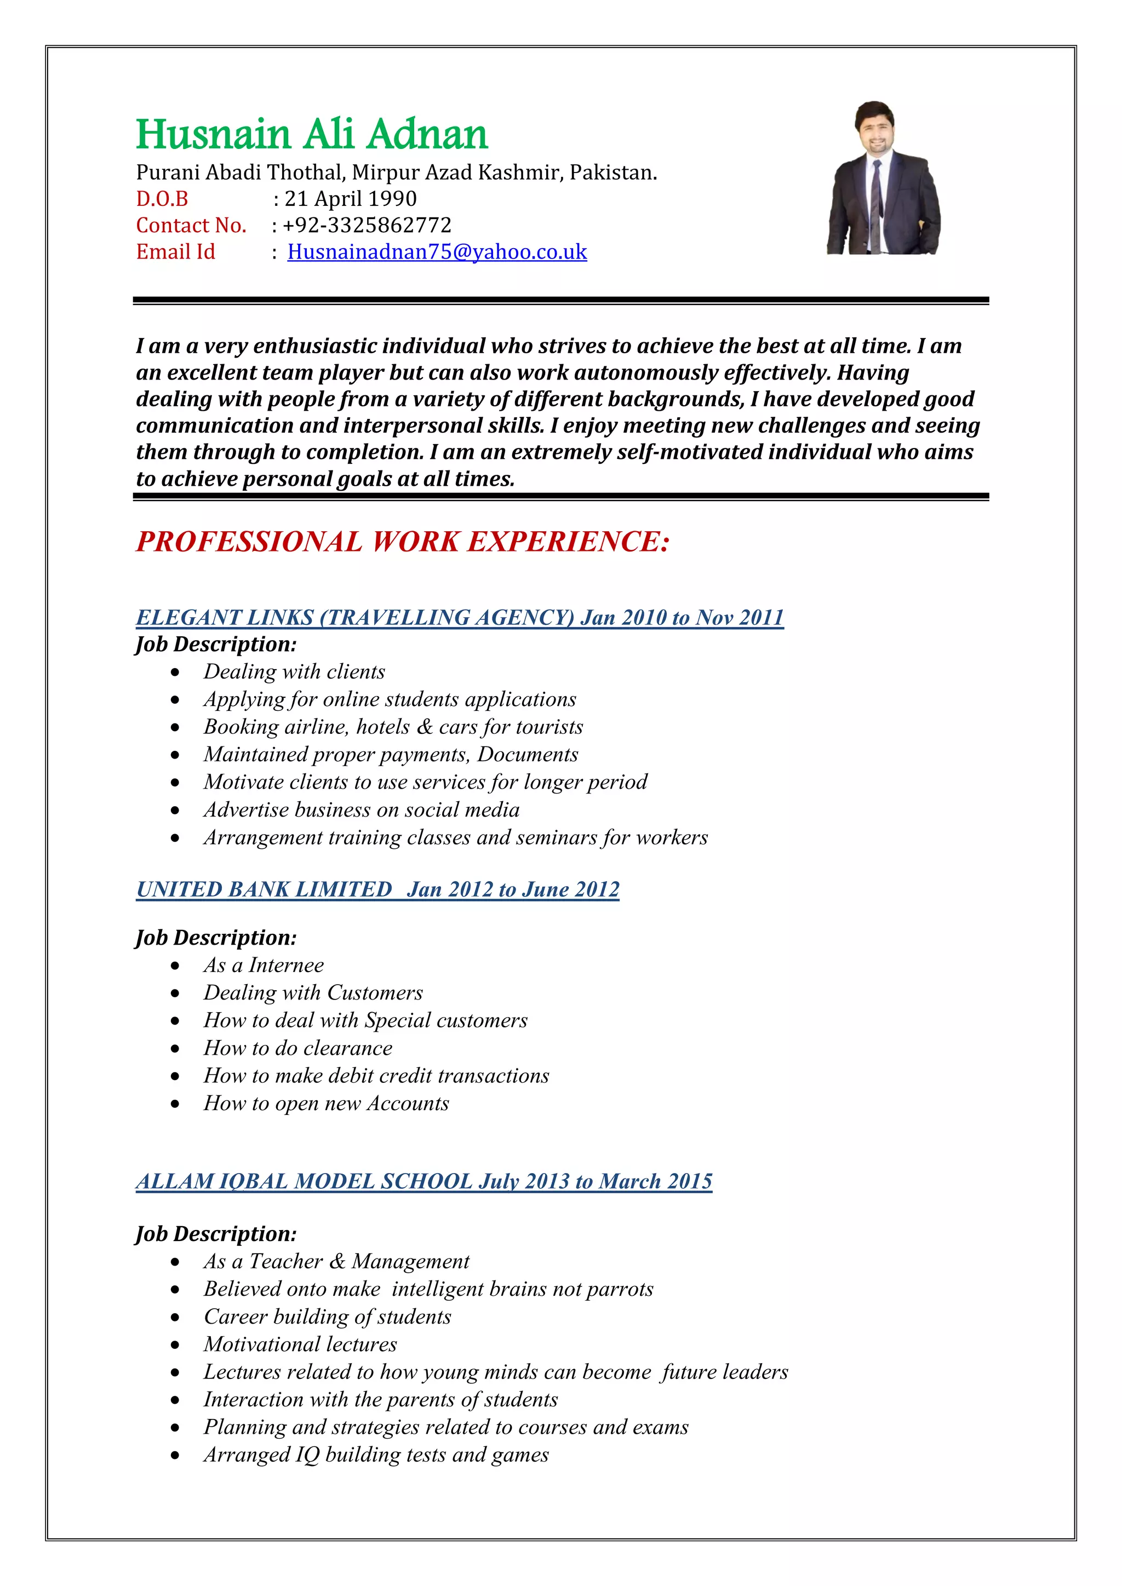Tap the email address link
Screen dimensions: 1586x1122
click(x=437, y=251)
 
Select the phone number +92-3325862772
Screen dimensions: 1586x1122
click(x=367, y=225)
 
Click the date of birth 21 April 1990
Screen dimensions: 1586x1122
click(x=350, y=199)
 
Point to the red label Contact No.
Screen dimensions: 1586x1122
click(x=191, y=225)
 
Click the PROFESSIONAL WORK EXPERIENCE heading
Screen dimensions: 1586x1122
click(x=403, y=542)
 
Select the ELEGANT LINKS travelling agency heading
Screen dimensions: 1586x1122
click(x=460, y=617)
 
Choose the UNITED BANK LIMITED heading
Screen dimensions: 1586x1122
click(x=377, y=889)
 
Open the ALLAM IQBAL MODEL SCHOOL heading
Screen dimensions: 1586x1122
click(x=423, y=1181)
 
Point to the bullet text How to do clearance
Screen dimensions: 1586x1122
click(x=298, y=1048)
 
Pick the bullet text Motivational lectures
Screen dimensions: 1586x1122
click(x=300, y=1344)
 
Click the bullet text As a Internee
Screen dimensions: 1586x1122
click(x=263, y=965)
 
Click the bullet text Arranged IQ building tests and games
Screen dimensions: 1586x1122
click(x=376, y=1455)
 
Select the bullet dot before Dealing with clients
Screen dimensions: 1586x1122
click(x=175, y=672)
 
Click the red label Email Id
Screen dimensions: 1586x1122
click(x=175, y=251)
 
